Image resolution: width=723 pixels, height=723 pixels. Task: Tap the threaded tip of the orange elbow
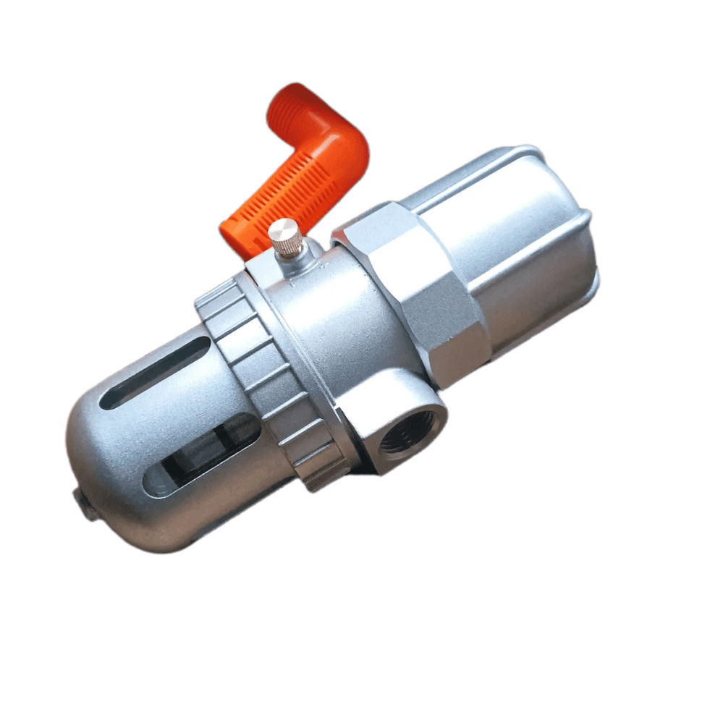(x=289, y=109)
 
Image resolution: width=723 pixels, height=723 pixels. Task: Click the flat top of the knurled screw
(x=284, y=229)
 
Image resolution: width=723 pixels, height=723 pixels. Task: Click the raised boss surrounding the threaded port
(x=384, y=413)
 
